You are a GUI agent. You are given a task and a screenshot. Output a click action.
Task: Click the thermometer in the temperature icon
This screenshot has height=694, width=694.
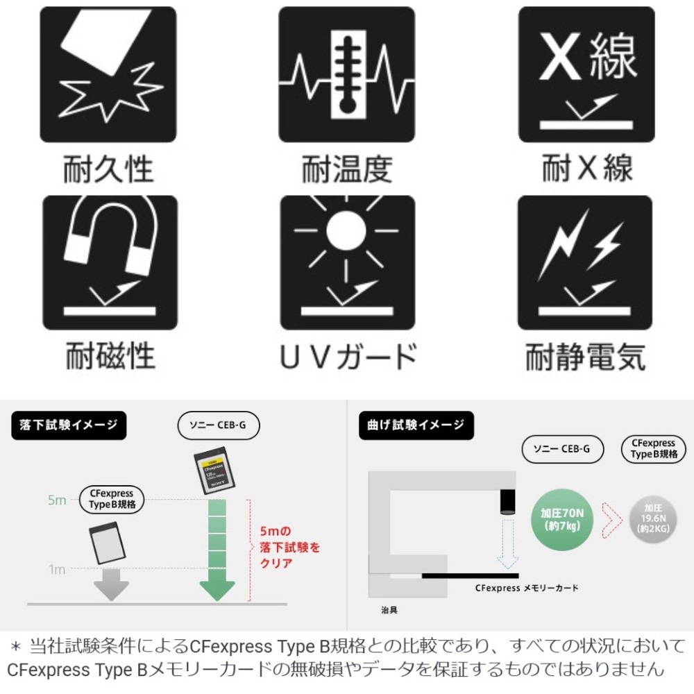point(348,74)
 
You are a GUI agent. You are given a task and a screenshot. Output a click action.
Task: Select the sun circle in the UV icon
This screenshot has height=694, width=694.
point(346,230)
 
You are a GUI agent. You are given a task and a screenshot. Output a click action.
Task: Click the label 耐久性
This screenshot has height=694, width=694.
point(108,169)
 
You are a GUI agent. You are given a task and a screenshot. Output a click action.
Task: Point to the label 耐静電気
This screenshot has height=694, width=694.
point(585,356)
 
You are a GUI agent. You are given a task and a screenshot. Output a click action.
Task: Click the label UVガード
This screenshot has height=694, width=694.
point(348,356)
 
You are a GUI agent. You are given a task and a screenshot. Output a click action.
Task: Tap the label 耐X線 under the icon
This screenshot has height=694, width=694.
point(587,168)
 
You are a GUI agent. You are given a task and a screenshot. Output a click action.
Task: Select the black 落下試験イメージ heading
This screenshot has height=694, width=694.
point(69,425)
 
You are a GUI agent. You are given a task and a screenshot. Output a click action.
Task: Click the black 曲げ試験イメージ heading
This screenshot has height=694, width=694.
point(416,425)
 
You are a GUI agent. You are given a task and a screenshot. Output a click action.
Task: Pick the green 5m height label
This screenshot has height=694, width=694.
point(57,500)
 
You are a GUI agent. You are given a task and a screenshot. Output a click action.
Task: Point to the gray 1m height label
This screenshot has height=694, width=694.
point(57,569)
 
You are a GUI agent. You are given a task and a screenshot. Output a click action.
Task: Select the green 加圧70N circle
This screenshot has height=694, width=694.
point(562,520)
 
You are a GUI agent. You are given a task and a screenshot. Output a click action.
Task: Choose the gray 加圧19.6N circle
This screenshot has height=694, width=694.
point(653,519)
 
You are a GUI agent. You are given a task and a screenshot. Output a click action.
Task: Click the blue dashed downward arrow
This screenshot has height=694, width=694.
point(508,544)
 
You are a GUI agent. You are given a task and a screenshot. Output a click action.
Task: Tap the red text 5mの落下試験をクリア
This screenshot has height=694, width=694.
point(290,547)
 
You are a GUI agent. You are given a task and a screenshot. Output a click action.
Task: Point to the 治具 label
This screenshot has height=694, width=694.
point(389,610)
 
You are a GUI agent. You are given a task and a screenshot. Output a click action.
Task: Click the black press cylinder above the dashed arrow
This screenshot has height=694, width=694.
point(508,502)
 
